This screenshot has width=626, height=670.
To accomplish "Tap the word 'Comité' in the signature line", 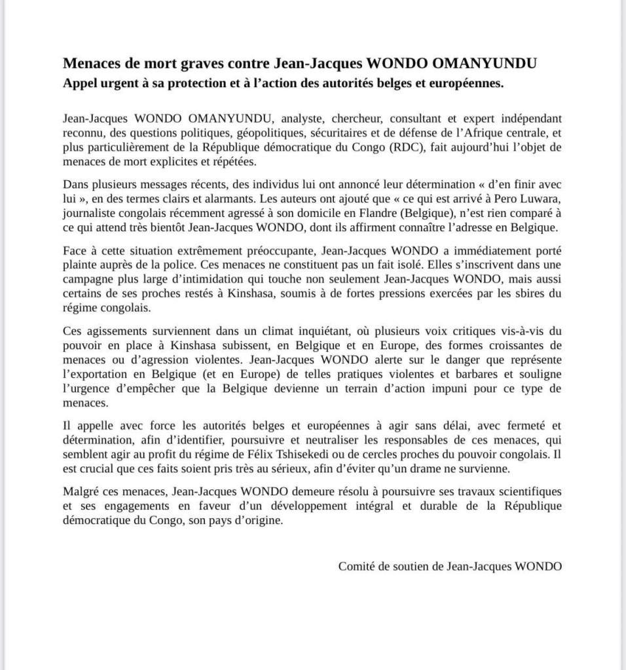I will [x=356, y=567].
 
